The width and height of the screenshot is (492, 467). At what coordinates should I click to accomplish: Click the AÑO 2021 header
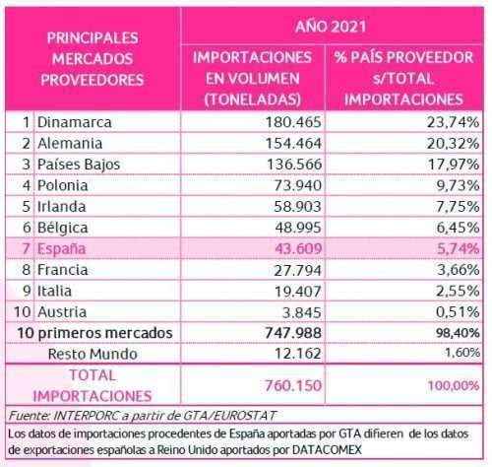[331, 27]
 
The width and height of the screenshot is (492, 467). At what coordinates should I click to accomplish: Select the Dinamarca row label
[75, 122]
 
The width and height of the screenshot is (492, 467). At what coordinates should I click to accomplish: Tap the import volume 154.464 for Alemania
[293, 144]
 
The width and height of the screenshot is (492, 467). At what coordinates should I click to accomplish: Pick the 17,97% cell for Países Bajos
[454, 165]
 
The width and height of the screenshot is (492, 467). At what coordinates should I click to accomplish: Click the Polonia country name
[63, 185]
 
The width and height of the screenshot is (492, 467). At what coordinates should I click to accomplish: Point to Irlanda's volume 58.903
[297, 207]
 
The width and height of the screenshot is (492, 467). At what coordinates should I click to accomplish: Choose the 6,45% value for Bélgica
[458, 228]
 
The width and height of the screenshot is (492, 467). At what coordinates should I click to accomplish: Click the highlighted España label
[62, 248]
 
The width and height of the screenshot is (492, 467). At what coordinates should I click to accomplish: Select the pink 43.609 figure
[298, 248]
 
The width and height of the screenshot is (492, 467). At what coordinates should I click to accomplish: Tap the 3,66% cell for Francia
[459, 270]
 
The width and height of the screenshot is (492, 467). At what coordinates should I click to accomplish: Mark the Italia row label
[54, 291]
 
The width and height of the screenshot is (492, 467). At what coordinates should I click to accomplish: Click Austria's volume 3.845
[302, 312]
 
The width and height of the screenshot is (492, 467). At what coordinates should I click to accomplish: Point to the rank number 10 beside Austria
[23, 312]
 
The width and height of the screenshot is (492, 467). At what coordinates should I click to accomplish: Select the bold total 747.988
[293, 333]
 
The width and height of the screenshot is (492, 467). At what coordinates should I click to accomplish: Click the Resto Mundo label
[92, 354]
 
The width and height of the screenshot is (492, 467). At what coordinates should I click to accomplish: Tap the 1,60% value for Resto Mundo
[462, 353]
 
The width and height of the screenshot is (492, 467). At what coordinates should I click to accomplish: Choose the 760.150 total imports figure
[293, 385]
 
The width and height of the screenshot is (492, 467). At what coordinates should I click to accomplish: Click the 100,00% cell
[454, 385]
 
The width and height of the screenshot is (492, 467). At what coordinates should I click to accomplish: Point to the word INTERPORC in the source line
[86, 416]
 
